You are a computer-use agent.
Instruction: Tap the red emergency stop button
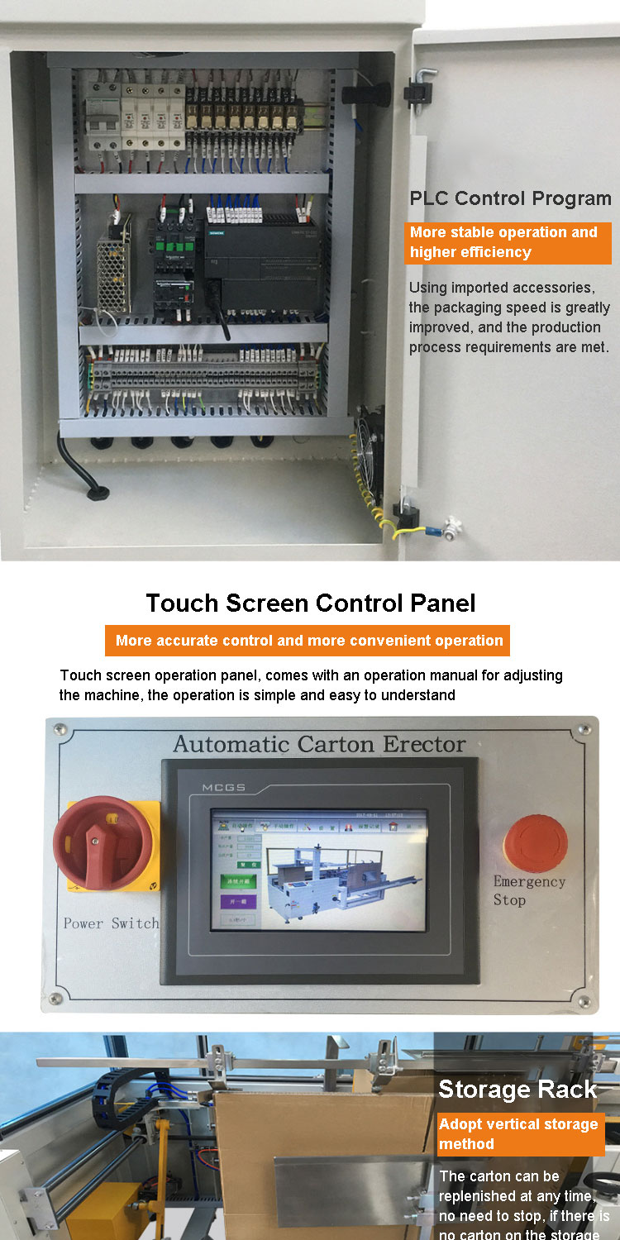pos(535,842)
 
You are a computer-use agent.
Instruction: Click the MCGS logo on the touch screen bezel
pos(223,787)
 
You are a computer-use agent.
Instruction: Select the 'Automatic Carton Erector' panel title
pos(319,744)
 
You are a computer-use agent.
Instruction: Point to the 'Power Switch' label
pos(111,923)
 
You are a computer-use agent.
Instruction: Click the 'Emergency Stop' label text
pos(528,890)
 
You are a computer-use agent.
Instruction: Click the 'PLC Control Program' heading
pos(510,198)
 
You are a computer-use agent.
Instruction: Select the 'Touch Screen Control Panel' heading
pos(311,603)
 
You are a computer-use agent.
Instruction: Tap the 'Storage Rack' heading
pos(517,1090)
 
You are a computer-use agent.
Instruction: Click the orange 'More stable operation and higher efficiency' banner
pos(508,242)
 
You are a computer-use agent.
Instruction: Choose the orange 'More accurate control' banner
pos(308,641)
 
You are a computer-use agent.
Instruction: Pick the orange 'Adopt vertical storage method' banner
pos(520,1134)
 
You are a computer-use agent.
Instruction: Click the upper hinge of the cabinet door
pos(422,86)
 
